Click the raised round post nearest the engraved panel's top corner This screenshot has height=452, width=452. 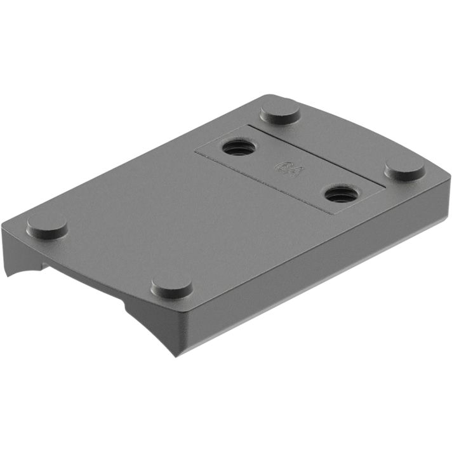pyautogui.click(x=280, y=114)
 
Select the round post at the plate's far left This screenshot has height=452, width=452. pyautogui.click(x=47, y=225)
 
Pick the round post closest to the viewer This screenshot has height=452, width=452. pyautogui.click(x=172, y=287)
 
